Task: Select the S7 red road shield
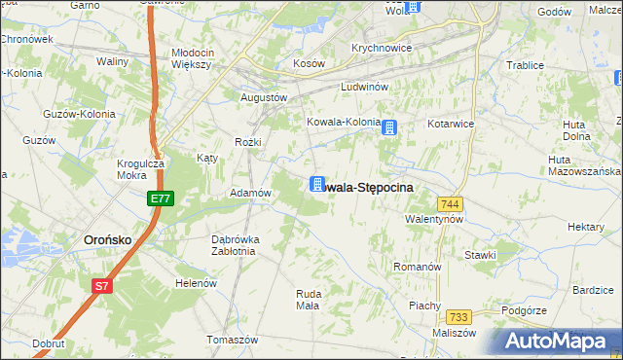coord(102,285)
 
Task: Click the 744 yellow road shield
coord(449,203)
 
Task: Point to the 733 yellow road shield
coord(458,317)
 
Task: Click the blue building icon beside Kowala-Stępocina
coord(317,184)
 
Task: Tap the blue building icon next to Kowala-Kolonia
coord(389,126)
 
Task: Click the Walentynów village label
coord(433,220)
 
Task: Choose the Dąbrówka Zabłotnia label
coord(233,245)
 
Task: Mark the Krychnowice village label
coord(382,48)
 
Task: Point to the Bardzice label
coord(592,290)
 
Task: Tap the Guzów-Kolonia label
coord(79,114)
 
